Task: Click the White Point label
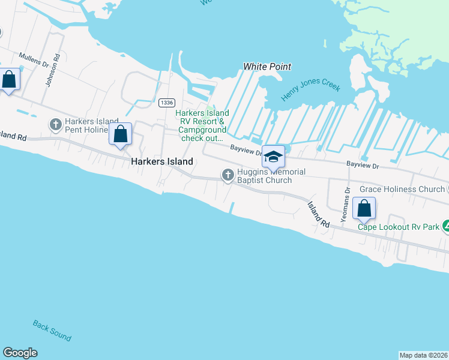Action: click(267, 67)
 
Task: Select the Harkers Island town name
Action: click(162, 161)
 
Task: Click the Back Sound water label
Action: click(52, 331)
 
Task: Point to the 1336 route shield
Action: click(167, 103)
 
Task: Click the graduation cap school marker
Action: click(273, 157)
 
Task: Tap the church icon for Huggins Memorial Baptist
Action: click(228, 175)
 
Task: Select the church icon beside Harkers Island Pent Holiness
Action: click(56, 125)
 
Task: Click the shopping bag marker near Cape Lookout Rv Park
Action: click(364, 209)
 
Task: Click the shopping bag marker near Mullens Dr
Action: click(10, 79)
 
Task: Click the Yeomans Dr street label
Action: click(346, 204)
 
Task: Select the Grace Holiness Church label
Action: click(402, 190)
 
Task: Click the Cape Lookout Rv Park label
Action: click(399, 226)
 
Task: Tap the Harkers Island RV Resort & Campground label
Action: click(201, 125)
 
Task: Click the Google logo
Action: click(20, 353)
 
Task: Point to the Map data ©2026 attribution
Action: click(424, 355)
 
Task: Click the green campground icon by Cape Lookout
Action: click(445, 227)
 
